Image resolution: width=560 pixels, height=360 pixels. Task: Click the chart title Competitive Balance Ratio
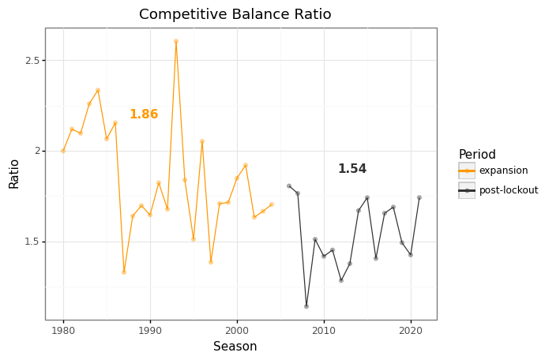pos(235,15)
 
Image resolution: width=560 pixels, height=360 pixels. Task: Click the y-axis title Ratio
pos(14,174)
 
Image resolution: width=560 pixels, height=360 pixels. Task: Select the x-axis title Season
pos(235,347)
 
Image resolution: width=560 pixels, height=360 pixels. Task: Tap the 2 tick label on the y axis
pos(36,151)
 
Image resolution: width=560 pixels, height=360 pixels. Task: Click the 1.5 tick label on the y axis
pos(32,242)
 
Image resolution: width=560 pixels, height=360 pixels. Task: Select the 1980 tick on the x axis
pos(63,332)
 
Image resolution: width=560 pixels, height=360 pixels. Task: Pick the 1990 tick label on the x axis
pos(150,332)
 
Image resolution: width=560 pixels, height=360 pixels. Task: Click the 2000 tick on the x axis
pos(237,332)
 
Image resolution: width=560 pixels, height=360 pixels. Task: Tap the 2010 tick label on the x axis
pos(324,332)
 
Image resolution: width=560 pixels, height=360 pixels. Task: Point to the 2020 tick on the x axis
pos(411,332)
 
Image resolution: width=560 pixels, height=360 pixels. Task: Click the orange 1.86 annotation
pos(144,114)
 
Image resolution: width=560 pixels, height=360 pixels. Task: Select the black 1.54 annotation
pos(352,169)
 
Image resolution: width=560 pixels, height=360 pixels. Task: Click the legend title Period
pos(477,155)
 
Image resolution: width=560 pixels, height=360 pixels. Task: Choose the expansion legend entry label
pos(503,171)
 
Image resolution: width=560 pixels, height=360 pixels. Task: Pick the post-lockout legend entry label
pos(509,190)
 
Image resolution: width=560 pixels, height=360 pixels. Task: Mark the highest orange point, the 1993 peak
pos(176,41)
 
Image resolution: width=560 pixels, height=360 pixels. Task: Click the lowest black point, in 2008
pos(306,306)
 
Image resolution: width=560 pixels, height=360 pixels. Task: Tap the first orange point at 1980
pos(63,151)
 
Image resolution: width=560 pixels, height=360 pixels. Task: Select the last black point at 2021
pos(419,197)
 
